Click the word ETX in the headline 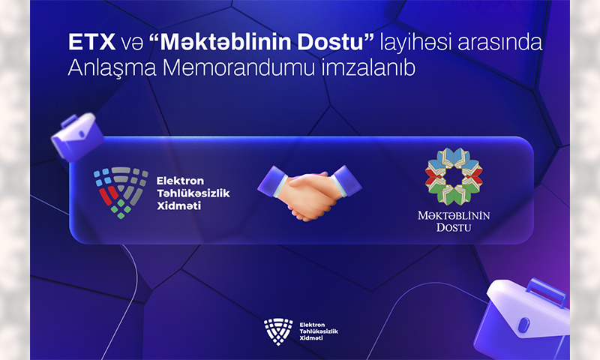click(91, 42)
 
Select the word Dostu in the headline click(336, 42)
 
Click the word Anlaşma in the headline click(112, 69)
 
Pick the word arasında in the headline click(500, 42)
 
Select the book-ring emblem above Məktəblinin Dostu click(454, 176)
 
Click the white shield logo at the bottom click(278, 331)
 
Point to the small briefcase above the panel click(77, 136)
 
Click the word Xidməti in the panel click(178, 205)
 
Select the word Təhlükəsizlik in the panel click(193, 193)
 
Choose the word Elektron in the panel click(180, 181)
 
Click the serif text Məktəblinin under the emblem click(454, 216)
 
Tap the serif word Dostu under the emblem click(454, 228)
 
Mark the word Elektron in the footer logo click(312, 325)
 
